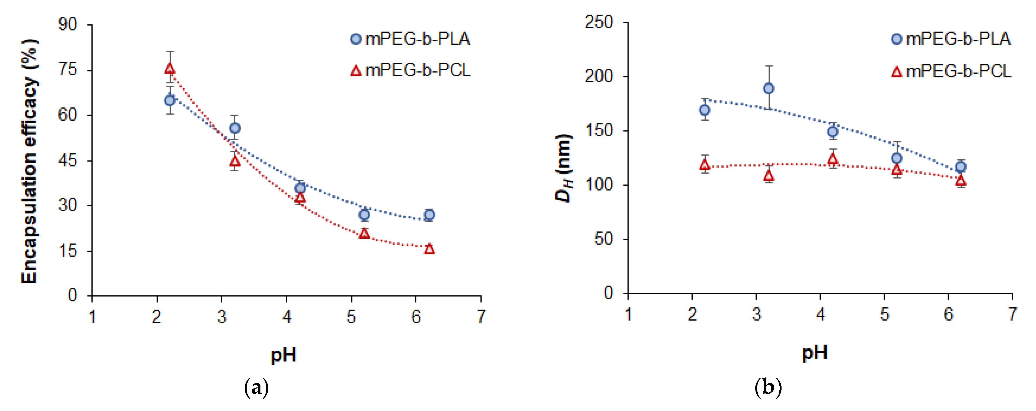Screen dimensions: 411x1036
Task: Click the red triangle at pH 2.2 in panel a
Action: [x=170, y=69]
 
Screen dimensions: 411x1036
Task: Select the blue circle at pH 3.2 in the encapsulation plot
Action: [x=235, y=128]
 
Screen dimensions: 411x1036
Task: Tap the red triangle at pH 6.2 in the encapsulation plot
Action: [x=429, y=249]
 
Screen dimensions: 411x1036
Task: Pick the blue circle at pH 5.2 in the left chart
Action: [x=364, y=215]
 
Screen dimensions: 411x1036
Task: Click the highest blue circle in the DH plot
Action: [x=769, y=88]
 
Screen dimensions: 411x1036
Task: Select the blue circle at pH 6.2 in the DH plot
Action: [x=961, y=166]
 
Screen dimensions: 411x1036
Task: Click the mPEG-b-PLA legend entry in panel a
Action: [x=410, y=39]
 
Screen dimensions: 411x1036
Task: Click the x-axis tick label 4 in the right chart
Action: [x=821, y=314]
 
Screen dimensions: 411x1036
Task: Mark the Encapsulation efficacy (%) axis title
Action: [x=29, y=161]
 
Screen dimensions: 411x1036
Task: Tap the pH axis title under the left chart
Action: [x=283, y=355]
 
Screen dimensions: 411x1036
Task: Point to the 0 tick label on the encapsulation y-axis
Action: [x=72, y=295]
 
